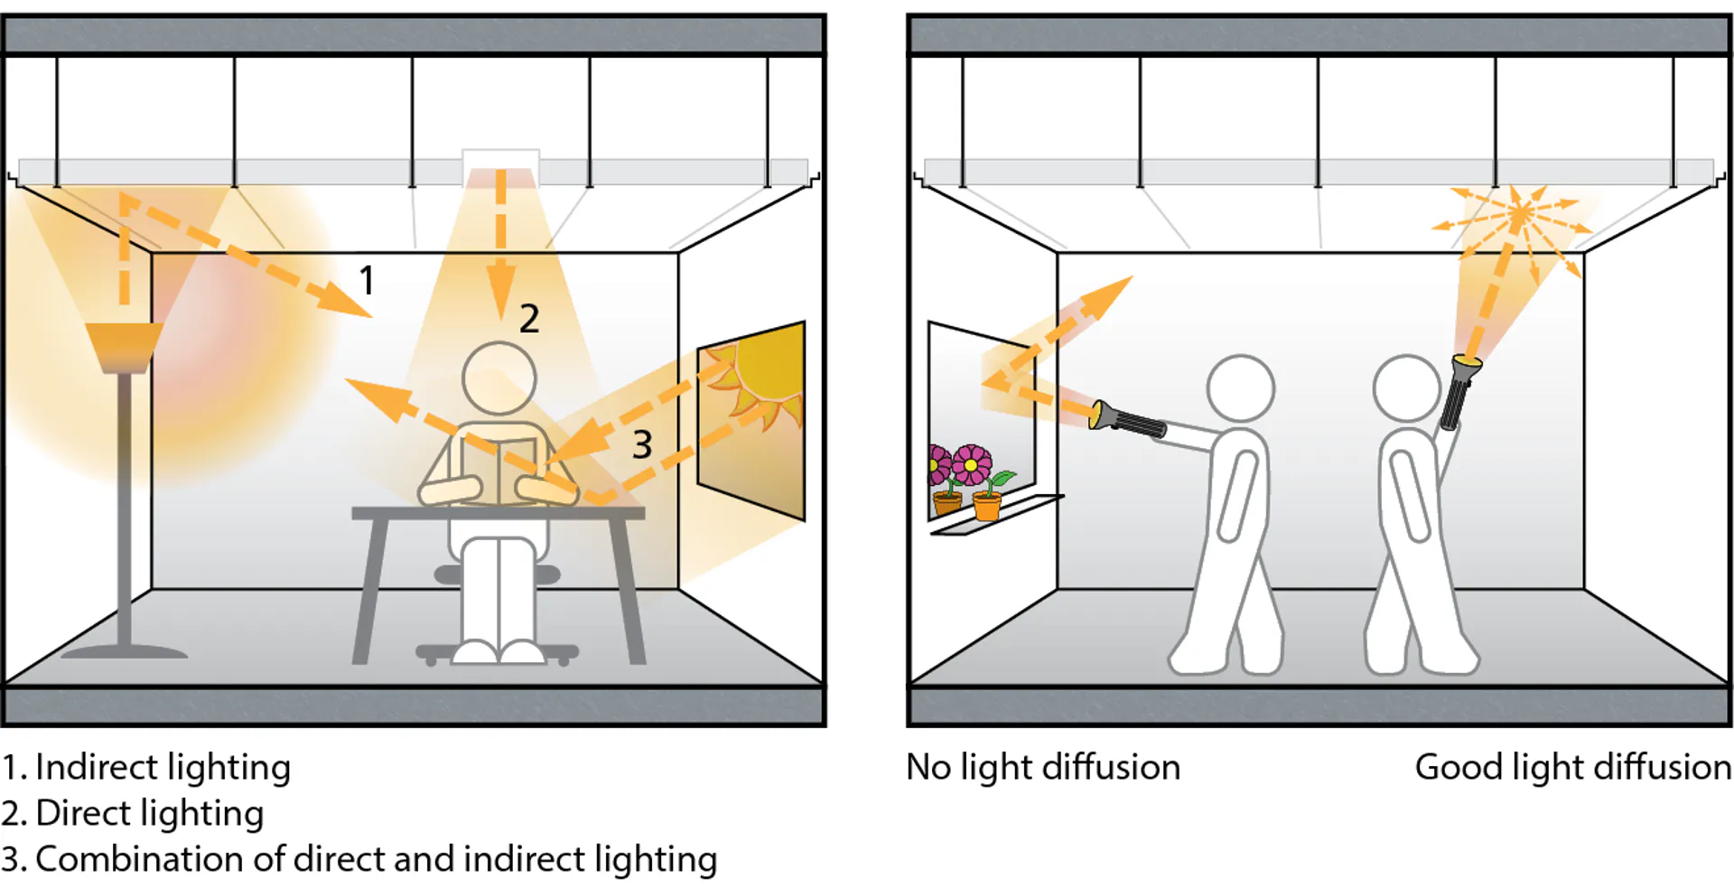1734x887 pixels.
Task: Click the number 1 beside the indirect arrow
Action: (x=367, y=280)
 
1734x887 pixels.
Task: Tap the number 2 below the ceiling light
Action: (x=529, y=319)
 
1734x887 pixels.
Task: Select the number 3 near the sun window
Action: (x=642, y=444)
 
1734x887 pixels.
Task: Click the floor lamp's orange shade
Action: (x=125, y=348)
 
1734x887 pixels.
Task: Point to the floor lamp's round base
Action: (x=125, y=651)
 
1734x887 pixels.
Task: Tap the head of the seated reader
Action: (x=499, y=378)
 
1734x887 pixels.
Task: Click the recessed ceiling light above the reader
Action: (x=501, y=168)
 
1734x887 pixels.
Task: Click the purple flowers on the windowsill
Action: (x=957, y=464)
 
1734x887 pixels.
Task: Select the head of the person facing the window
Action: (x=1241, y=388)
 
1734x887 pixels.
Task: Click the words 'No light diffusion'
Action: (x=1043, y=768)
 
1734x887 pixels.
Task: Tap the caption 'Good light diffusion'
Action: (x=1573, y=768)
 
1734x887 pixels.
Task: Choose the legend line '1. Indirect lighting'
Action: (x=146, y=768)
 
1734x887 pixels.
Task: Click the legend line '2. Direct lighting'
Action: (x=133, y=814)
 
